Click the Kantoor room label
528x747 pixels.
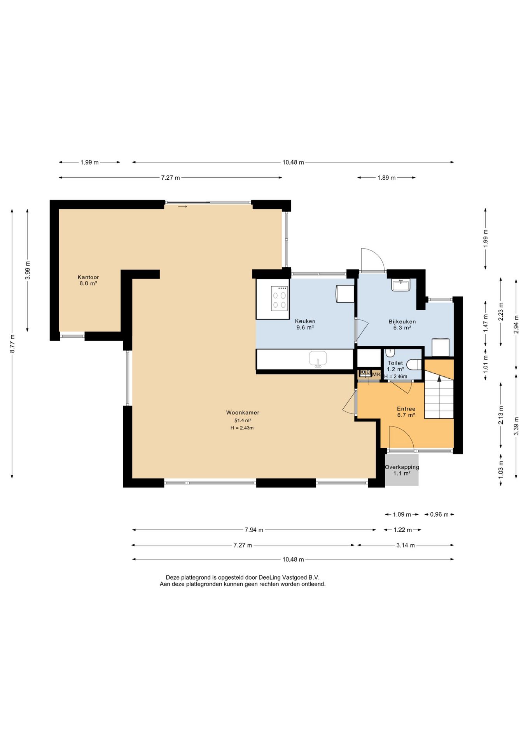(x=88, y=277)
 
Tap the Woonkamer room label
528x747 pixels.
(x=243, y=412)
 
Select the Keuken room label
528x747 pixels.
(x=305, y=321)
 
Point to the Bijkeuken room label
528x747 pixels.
(x=402, y=321)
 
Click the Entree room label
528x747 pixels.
(x=406, y=409)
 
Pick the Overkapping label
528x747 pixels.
(x=402, y=467)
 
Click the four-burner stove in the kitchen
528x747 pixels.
(x=279, y=298)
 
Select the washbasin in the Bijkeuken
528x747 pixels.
(x=400, y=285)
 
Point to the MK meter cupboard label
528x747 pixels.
(x=376, y=374)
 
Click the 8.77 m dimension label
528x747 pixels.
(x=12, y=344)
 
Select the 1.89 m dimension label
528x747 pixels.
(x=386, y=178)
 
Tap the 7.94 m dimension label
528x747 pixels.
(x=254, y=530)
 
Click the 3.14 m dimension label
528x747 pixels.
(x=406, y=545)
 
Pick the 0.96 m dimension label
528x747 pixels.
(x=439, y=514)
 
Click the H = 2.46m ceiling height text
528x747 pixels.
(x=396, y=376)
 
